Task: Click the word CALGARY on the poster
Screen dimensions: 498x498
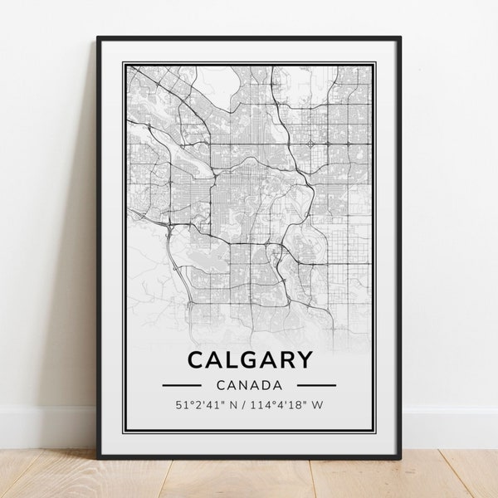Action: point(250,360)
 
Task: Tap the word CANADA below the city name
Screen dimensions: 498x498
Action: point(249,385)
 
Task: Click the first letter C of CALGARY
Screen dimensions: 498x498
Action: point(196,360)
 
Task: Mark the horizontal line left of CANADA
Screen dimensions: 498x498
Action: point(182,385)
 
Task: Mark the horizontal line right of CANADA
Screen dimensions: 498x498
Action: point(316,385)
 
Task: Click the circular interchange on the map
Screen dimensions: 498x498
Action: point(310,144)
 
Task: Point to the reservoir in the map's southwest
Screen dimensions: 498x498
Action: point(203,264)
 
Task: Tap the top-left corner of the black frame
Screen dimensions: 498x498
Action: point(99,38)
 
